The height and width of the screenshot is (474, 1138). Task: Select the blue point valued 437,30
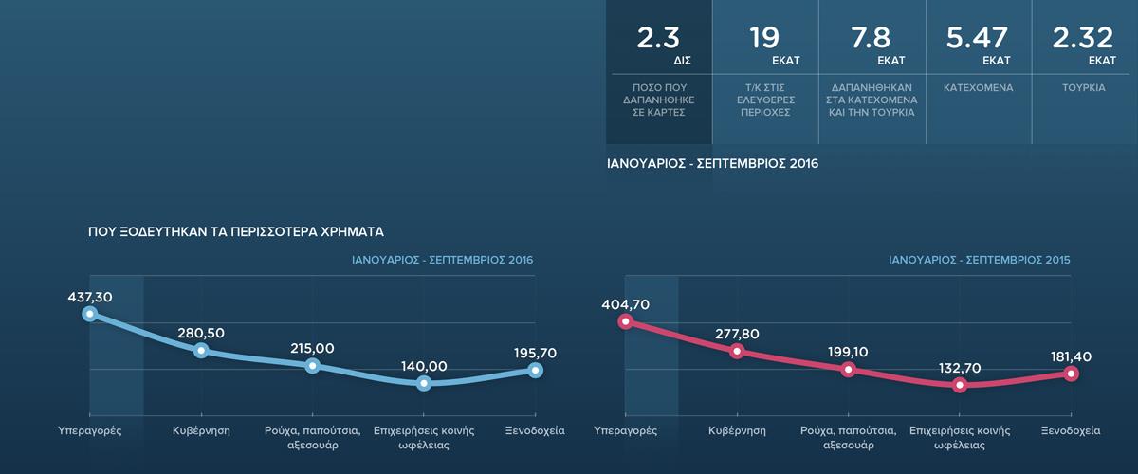(90, 314)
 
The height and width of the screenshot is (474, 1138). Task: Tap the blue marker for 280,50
(201, 351)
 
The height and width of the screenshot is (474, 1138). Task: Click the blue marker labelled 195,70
(536, 370)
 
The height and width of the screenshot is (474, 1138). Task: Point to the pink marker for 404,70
(625, 321)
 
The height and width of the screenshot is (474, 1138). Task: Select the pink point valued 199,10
(848, 369)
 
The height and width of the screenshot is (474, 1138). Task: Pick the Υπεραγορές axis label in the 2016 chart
(90, 430)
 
